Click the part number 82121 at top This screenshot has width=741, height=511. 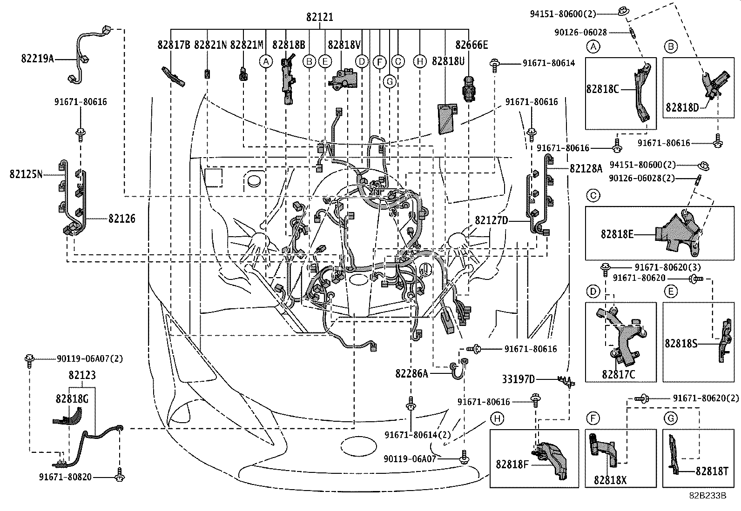319,18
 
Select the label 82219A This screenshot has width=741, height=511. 37,59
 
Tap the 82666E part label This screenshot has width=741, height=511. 472,45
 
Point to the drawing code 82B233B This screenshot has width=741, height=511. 707,496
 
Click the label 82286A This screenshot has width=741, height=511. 411,373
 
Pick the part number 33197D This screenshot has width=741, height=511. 519,379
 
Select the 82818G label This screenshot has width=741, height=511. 72,398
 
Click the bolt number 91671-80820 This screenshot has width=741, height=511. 65,477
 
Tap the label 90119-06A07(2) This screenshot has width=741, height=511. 84,359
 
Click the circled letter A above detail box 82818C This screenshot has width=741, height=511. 593,46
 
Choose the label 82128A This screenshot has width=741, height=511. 586,168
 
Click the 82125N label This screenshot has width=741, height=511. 26,174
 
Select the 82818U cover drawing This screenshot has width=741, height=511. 446,119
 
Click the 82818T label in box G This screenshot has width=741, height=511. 712,471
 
